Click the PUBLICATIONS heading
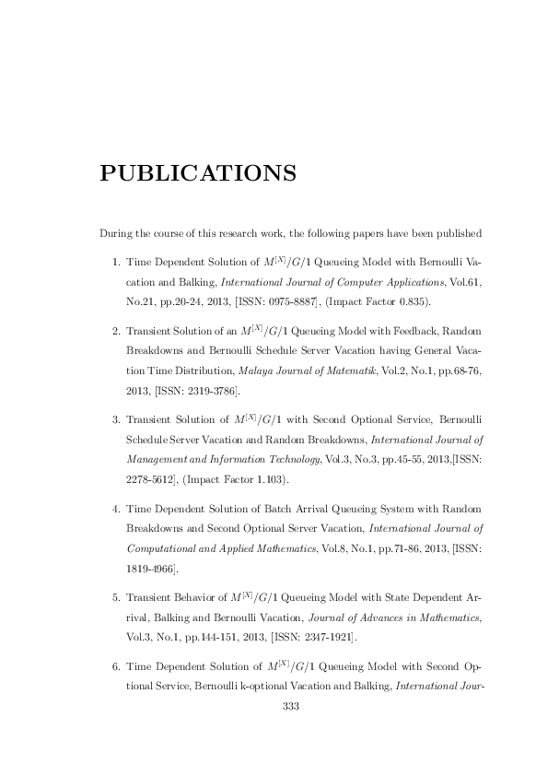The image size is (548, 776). coord(197,173)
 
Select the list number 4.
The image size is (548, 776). coord(114,509)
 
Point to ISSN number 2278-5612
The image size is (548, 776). coord(147,479)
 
